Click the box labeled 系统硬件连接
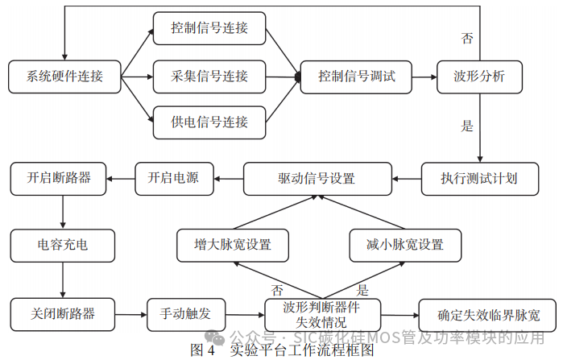tap(64, 77)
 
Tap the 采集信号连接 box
tap(209, 77)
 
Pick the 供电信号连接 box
tap(209, 122)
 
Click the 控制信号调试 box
tap(357, 77)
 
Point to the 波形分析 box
tap(480, 77)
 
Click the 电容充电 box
tap(63, 244)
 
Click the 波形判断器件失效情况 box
tap(321, 313)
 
